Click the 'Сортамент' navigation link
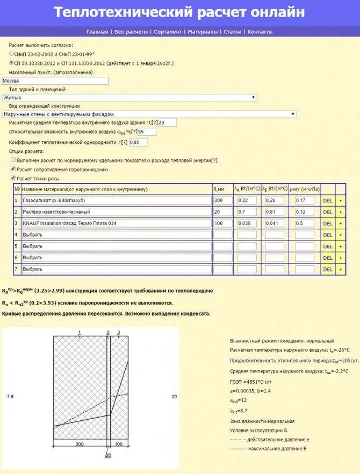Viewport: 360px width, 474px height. tap(168, 32)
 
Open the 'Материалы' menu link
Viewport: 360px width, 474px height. tap(203, 32)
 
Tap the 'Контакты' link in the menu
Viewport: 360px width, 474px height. tap(260, 32)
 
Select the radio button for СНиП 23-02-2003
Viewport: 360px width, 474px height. tap(12, 54)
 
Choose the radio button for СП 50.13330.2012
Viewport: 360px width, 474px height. tap(12, 63)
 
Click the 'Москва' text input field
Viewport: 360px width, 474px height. tap(55, 81)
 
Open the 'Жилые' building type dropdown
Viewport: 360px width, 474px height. tap(129, 98)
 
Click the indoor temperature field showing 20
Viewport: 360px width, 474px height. tap(167, 123)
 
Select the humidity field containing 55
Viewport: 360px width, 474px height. tap(147, 132)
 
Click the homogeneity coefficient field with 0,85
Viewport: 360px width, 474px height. tap(138, 142)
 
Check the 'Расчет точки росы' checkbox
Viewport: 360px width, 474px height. tap(13, 178)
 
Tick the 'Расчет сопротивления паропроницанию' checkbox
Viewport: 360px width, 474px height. tap(13, 169)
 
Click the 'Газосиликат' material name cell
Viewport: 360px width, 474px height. tap(116, 200)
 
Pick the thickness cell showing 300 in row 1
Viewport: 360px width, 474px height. tap(222, 200)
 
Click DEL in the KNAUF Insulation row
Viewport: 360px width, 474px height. tap(328, 223)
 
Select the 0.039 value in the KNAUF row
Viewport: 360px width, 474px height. tap(247, 223)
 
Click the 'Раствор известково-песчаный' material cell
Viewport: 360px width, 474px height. tap(116, 212)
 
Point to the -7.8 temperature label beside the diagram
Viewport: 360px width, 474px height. tap(9, 397)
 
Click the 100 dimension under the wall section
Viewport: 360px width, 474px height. tap(119, 444)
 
